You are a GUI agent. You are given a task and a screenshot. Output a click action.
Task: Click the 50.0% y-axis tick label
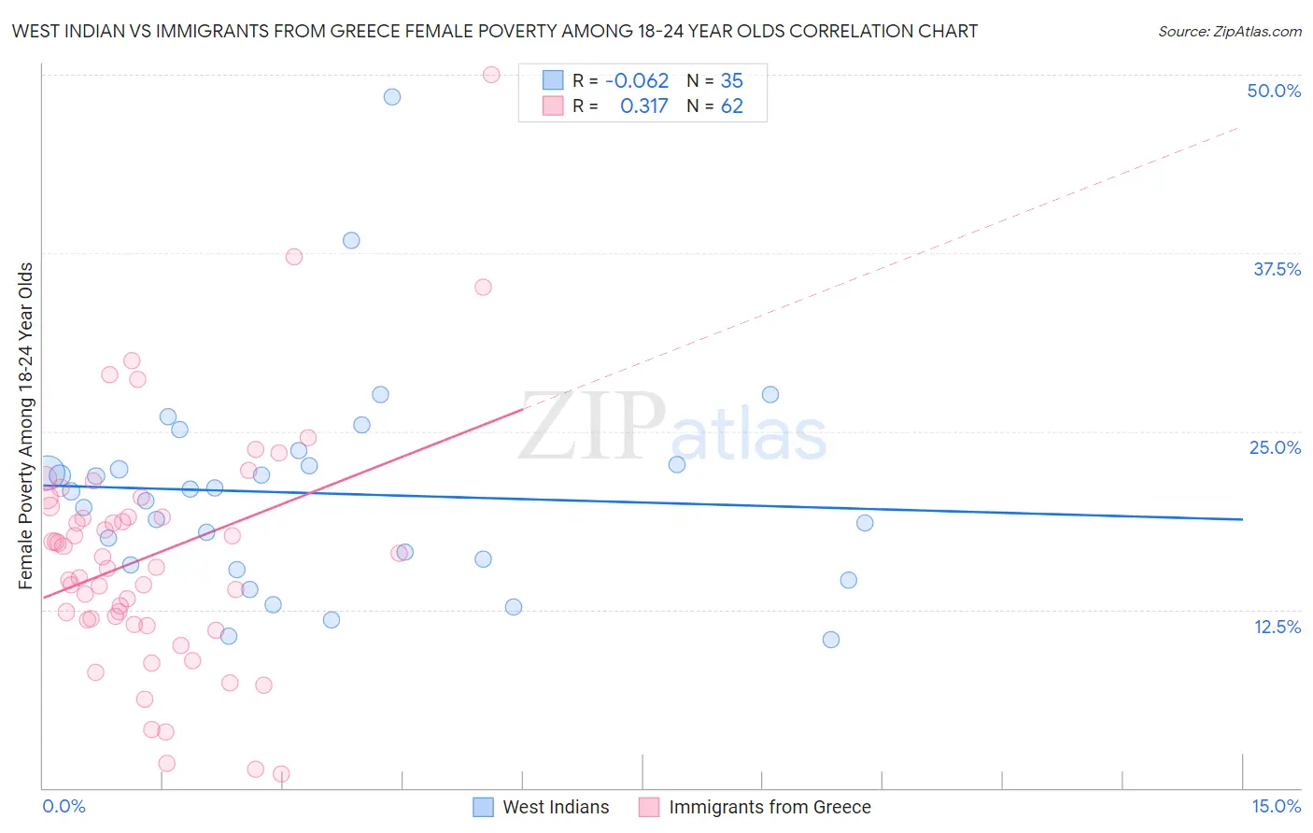point(1274,91)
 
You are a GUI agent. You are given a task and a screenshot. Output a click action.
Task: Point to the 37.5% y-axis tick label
point(1277,269)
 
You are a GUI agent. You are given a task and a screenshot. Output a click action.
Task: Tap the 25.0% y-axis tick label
point(1275,447)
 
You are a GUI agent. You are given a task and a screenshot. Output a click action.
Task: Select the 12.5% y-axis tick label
point(1277,627)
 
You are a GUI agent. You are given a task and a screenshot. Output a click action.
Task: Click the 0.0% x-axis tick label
point(64,807)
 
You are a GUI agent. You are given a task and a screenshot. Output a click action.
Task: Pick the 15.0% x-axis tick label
point(1276,807)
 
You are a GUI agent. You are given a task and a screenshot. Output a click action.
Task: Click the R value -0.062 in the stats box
point(637,81)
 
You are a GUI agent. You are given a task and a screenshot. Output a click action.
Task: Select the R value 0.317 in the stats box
point(644,106)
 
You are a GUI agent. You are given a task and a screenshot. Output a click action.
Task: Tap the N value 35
point(731,81)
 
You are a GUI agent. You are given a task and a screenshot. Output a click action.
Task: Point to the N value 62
point(731,106)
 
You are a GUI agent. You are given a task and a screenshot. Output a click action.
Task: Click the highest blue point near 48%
point(392,97)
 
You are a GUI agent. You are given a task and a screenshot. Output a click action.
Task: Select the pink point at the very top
point(491,75)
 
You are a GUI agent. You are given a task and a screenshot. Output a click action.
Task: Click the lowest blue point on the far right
point(831,640)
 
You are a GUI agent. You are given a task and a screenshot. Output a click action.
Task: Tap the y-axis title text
point(26,426)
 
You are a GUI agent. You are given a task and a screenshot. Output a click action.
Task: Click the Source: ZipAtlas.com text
point(1229,32)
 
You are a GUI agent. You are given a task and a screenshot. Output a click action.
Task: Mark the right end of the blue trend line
point(1242,519)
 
